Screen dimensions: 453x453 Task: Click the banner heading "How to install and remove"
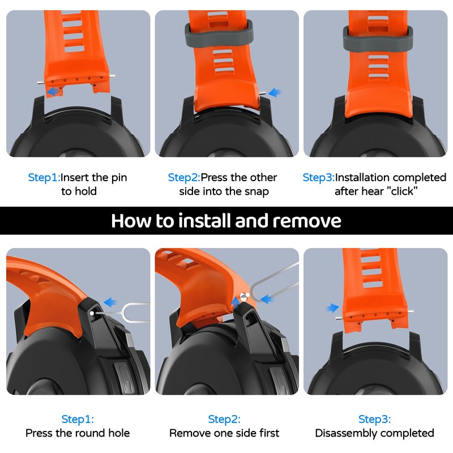[x=226, y=221]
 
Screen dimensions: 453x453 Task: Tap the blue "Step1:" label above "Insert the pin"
[x=44, y=177]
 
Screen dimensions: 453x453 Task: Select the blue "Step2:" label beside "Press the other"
[x=184, y=177]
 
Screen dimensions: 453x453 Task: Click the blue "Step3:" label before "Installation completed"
[x=318, y=177]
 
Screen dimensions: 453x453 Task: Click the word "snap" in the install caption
[x=257, y=192]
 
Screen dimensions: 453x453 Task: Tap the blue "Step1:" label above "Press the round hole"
[x=78, y=419]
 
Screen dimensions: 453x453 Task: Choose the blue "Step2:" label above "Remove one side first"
[x=224, y=419]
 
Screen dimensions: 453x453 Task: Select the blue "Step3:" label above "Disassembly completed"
[x=374, y=419]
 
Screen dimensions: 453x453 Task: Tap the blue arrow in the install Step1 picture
[x=53, y=91]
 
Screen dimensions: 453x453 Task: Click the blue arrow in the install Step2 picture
[x=275, y=92]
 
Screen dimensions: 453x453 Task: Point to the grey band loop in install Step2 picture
[x=219, y=33]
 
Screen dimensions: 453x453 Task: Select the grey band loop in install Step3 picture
[x=378, y=37]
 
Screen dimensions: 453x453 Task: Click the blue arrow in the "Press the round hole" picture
[x=110, y=302]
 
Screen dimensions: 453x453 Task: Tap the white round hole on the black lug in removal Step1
[x=92, y=313]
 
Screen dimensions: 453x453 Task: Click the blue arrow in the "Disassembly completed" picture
[x=332, y=307]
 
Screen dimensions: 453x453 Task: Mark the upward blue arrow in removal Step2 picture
[x=236, y=303]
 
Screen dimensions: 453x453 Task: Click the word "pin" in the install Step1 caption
[x=119, y=178]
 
